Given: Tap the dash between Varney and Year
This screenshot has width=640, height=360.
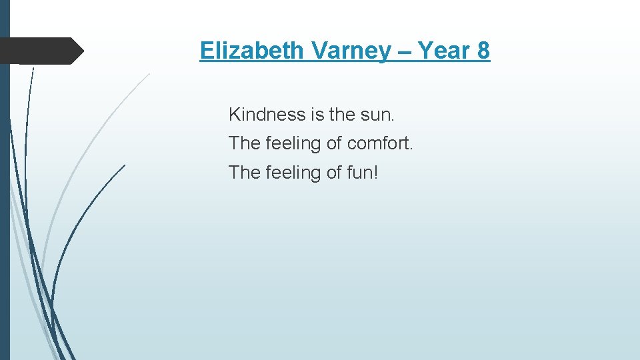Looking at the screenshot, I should pos(405,51).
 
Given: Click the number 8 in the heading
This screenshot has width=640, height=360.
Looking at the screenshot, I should pos(483,51).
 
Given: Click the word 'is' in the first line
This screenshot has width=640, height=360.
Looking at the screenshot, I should pos(317,115).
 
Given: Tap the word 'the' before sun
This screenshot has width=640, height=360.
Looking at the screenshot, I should pos(343,115).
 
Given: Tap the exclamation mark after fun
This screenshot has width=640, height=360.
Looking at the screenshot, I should pos(376,172).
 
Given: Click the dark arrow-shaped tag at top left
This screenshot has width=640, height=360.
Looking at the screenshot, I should pos(40,51).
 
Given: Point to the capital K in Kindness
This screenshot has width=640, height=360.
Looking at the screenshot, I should pos(234,115).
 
